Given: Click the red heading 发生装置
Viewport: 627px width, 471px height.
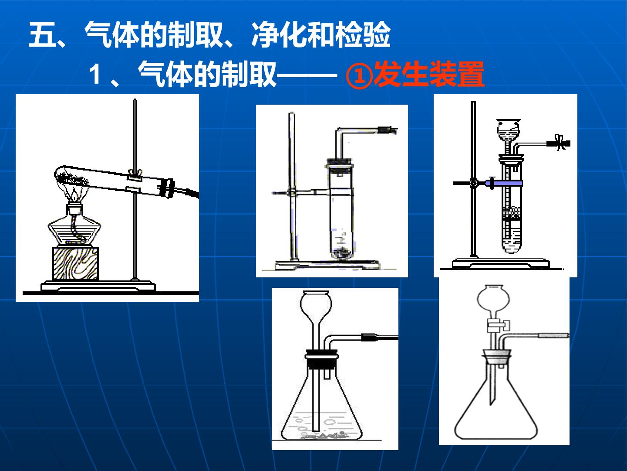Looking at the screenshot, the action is [429, 74].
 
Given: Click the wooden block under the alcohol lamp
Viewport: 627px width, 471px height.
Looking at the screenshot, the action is [75, 263].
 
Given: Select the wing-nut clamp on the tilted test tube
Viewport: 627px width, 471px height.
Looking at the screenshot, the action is [135, 174].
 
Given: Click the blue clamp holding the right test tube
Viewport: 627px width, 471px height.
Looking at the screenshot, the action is [504, 183].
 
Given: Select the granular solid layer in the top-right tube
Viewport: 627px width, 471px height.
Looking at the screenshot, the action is [512, 213].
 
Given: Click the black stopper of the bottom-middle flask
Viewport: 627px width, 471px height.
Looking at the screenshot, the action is [321, 359].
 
